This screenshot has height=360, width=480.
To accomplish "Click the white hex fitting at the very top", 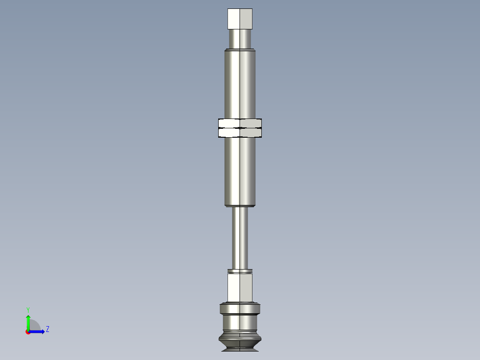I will [240, 19].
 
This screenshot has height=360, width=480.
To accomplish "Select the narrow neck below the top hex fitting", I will [240, 39].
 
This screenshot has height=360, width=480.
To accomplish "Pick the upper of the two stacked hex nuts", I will [240, 123].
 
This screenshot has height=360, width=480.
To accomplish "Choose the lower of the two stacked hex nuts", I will [240, 133].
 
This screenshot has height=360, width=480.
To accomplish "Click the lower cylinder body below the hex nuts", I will [240, 169].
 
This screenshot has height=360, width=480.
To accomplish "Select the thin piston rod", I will [240, 238].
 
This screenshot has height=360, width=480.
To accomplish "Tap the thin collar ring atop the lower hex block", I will [240, 271].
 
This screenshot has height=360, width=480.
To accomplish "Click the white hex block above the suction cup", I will [240, 287].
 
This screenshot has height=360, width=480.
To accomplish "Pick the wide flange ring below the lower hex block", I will [240, 309].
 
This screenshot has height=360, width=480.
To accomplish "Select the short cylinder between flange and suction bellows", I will [240, 323].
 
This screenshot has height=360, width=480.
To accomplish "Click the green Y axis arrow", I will [28, 322].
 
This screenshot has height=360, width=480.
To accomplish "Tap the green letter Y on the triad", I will [28, 310].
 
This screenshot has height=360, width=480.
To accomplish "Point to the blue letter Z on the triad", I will [47, 329].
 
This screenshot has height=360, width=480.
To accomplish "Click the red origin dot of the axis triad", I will [28, 332].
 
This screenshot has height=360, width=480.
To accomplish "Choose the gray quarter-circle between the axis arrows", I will [34, 326].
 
